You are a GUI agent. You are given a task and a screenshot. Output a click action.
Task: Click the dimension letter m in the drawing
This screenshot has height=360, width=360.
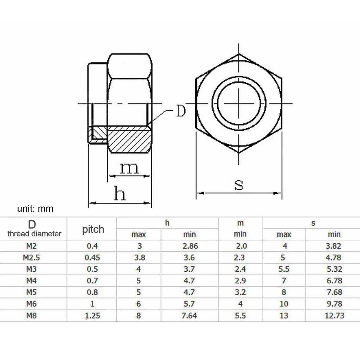(129, 169)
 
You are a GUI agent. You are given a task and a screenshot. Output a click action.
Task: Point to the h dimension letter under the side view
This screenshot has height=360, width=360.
(120, 194)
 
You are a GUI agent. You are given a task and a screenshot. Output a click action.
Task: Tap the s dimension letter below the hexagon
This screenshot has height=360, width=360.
(239, 185)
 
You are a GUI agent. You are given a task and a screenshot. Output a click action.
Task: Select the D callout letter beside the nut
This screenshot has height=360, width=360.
(180, 111)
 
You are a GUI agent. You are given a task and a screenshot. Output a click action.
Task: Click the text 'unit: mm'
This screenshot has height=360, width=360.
(35, 209)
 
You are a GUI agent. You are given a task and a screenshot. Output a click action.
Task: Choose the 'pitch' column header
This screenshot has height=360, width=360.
(93, 229)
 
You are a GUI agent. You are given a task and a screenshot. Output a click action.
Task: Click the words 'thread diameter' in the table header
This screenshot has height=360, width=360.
(34, 233)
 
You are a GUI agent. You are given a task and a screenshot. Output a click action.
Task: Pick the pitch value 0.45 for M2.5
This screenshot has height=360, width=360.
(92, 258)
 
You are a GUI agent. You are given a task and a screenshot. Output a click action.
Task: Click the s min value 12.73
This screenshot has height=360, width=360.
(334, 315)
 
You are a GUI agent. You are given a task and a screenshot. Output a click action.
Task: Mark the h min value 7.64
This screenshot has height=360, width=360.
(189, 315)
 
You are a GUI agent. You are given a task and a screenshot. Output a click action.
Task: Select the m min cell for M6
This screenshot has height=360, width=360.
(240, 304)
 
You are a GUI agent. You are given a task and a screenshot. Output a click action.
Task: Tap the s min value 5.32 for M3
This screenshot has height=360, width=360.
(334, 269)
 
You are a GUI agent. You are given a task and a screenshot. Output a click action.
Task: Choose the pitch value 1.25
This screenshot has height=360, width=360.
(92, 315)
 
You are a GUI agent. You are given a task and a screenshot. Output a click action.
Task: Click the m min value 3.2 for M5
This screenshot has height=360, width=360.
(240, 292)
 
